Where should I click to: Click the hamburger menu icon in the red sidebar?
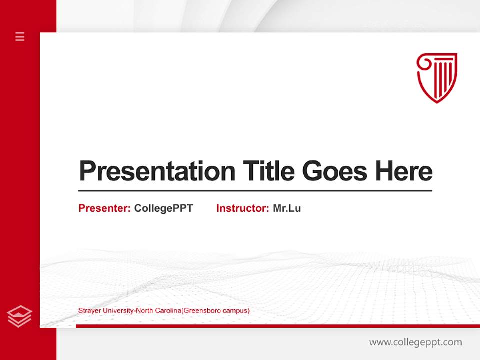tap(20, 36)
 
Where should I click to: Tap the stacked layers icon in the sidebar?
tap(20, 316)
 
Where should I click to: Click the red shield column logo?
tap(437, 78)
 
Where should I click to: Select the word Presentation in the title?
tap(157, 171)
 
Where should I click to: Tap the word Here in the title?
tap(403, 171)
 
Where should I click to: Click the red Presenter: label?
tap(104, 208)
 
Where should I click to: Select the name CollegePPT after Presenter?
tap(163, 208)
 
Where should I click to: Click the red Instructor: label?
tap(242, 208)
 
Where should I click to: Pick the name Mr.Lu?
tap(287, 208)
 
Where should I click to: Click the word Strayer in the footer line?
tap(89, 311)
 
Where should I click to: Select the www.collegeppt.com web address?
tap(415, 342)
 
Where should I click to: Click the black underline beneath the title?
tap(255, 190)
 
